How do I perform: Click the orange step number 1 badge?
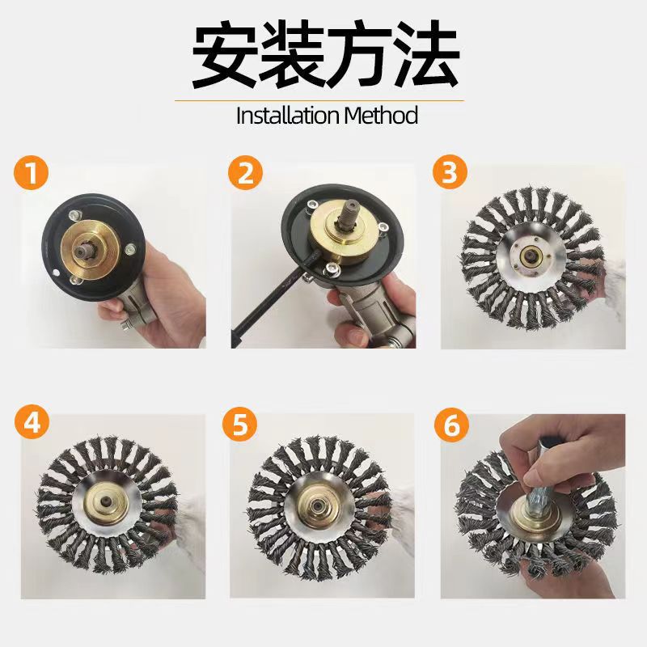[x=31, y=172]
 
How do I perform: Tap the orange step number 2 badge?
[x=245, y=172]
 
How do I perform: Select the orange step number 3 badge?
[x=450, y=172]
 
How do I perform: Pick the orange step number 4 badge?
[x=32, y=423]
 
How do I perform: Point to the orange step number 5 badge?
[x=239, y=423]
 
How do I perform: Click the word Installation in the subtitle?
[x=288, y=116]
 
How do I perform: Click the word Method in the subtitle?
[x=381, y=116]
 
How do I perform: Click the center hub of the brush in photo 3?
[x=531, y=255]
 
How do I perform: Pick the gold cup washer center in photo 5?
[x=319, y=505]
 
